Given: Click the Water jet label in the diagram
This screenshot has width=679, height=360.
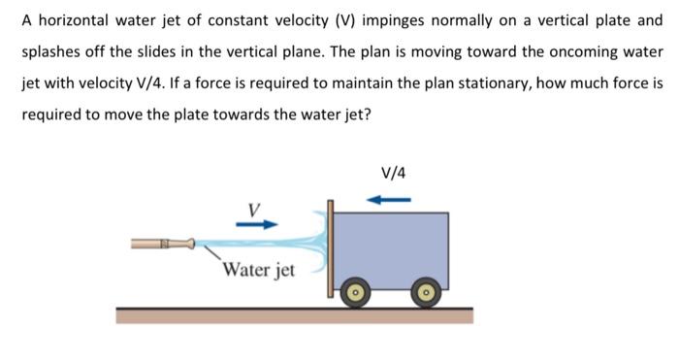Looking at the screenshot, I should click(x=258, y=269).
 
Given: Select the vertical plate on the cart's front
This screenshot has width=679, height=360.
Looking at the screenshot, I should click(x=331, y=249).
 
